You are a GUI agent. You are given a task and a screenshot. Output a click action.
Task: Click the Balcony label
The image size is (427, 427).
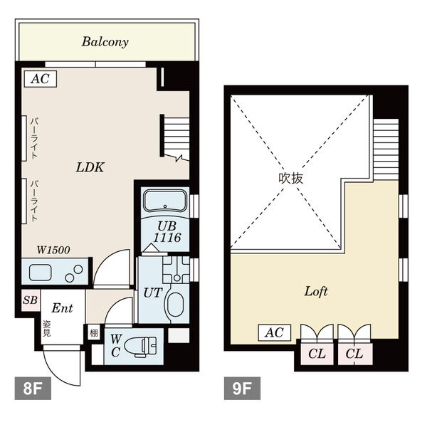[x=105, y=42]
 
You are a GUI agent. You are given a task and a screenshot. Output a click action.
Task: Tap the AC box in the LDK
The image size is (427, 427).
[x=41, y=79]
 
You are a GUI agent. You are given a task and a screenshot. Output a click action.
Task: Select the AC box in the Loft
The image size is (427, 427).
[x=275, y=332]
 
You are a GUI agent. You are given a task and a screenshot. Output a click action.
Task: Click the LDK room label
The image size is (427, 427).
[x=90, y=167]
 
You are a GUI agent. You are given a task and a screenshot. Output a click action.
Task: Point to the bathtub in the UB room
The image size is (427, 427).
[x=165, y=201]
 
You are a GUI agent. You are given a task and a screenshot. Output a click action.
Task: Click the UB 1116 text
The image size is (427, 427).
[x=167, y=232]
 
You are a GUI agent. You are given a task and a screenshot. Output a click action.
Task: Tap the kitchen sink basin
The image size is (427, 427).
[x=41, y=272]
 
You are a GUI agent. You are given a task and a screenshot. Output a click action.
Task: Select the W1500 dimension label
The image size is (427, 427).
[x=53, y=250]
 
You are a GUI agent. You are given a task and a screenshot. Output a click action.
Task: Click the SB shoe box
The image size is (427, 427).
[x=31, y=300]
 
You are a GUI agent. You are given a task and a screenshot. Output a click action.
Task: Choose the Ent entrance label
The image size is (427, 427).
[x=62, y=308]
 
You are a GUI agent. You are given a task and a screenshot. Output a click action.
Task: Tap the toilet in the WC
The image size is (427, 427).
[x=140, y=346]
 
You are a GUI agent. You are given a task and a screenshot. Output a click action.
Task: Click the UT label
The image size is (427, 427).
[x=153, y=293]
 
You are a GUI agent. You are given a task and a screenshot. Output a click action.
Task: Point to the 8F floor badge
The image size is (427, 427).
[x=33, y=388]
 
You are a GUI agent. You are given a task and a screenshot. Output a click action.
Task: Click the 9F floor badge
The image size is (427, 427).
[x=242, y=388]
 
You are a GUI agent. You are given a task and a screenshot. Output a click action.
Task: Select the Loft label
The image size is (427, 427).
[x=316, y=291]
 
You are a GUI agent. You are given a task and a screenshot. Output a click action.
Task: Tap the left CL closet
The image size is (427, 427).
[x=317, y=354]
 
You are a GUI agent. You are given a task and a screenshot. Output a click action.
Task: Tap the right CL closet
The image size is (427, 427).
[x=354, y=354]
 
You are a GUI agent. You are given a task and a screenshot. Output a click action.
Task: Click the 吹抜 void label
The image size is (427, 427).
[x=290, y=179]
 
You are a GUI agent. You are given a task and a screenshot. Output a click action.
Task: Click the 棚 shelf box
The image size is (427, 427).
[x=93, y=333]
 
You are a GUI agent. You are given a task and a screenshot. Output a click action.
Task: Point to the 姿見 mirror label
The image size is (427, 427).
[x=46, y=328]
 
